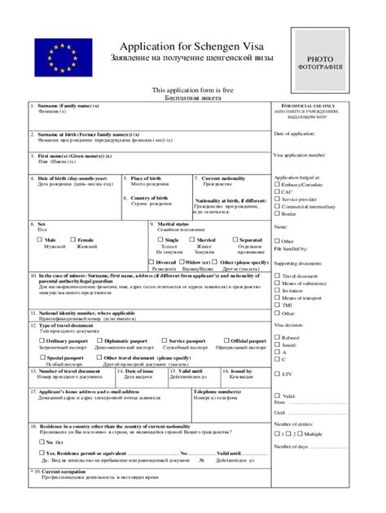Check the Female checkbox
(72, 240)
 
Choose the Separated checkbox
(235, 240)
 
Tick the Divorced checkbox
(151, 262)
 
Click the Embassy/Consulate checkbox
(278, 184)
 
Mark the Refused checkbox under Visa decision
(278, 337)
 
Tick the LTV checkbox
(278, 374)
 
